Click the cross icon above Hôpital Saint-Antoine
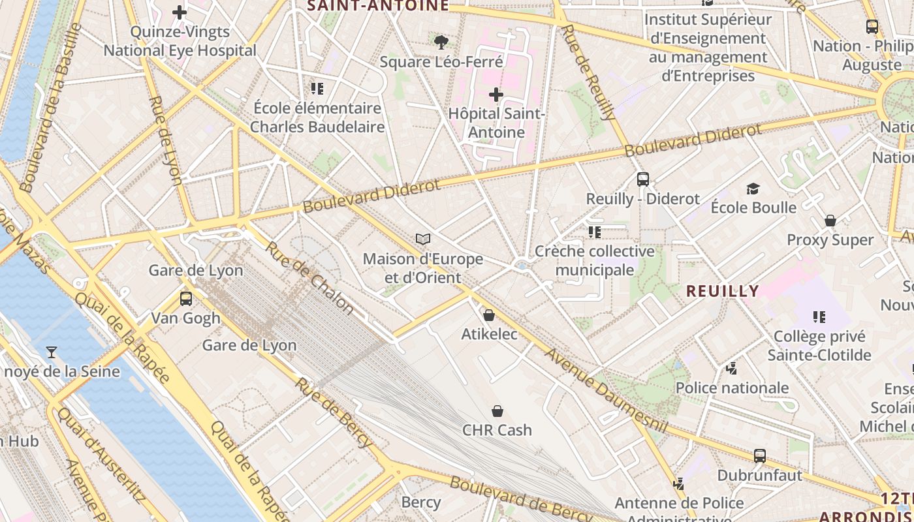pyautogui.click(x=496, y=95)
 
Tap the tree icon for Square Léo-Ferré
pyautogui.click(x=441, y=43)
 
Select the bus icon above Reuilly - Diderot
pyautogui.click(x=643, y=179)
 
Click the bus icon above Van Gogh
pyautogui.click(x=186, y=299)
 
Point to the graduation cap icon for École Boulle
pyautogui.click(x=753, y=189)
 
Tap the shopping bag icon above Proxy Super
pyautogui.click(x=830, y=221)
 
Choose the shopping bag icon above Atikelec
pyautogui.click(x=489, y=316)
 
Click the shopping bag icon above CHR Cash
pyautogui.click(x=497, y=411)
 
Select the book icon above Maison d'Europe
pyautogui.click(x=423, y=239)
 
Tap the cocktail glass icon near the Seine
pyautogui.click(x=52, y=353)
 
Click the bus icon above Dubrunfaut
pyautogui.click(x=760, y=456)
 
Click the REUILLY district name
pyautogui.click(x=723, y=291)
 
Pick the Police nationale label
pyautogui.click(x=732, y=388)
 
